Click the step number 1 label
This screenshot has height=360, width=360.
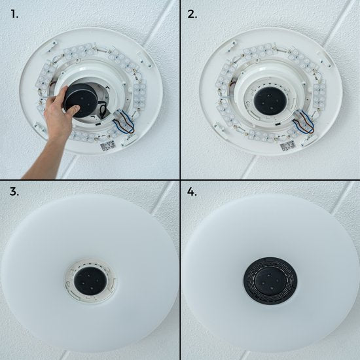click(14, 14)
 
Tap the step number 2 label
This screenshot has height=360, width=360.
click(192, 14)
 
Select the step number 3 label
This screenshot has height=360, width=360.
click(14, 191)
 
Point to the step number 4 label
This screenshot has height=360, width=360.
click(192, 191)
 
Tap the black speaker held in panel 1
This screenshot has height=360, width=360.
click(80, 100)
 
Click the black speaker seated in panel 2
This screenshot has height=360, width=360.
click(270, 101)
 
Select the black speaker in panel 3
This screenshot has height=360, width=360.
click(90, 281)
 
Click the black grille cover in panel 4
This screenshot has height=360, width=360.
click(270, 281)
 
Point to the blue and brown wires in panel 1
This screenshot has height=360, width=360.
click(124, 122)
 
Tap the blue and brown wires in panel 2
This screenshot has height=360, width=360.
click(304, 122)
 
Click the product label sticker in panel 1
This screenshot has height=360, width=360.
click(109, 146)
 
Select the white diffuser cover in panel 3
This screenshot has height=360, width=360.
click(90, 271)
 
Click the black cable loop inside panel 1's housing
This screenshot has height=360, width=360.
click(103, 110)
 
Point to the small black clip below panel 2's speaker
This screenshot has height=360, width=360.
click(278, 124)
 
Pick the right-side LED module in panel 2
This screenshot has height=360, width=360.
click(319, 96)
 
